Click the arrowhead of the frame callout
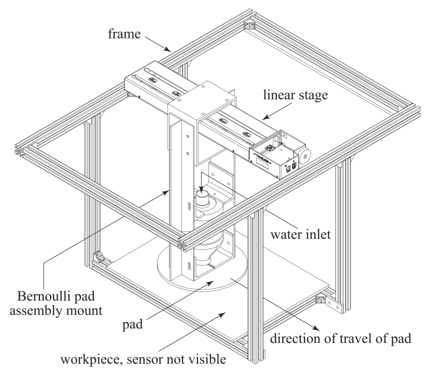pos(170,50)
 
